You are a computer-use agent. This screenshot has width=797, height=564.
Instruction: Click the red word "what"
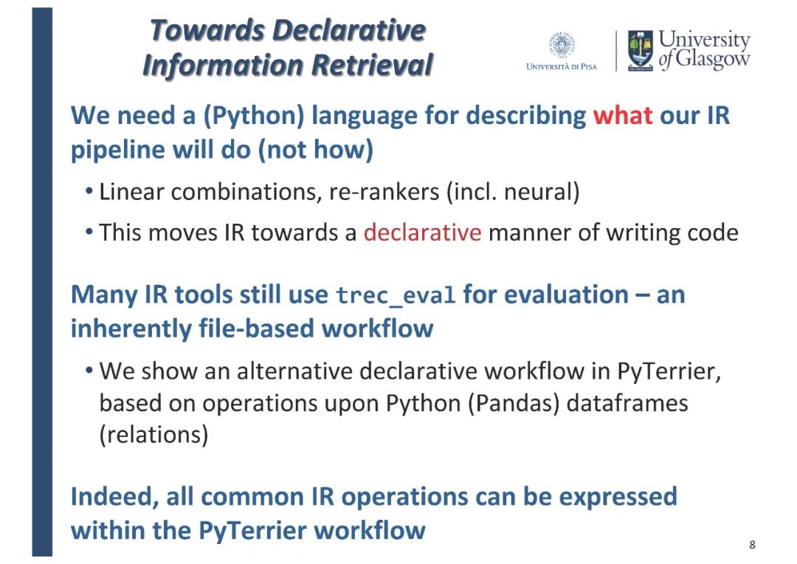point(623,115)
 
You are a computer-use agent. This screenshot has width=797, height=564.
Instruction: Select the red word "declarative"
point(422,233)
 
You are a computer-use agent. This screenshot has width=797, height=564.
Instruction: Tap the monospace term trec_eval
point(396,295)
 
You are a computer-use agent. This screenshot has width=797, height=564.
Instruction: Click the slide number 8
point(752,545)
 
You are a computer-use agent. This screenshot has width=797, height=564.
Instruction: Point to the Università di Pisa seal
point(562,45)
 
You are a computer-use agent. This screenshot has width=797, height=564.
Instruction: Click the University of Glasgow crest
point(641,50)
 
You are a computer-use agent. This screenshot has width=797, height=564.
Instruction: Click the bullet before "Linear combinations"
point(89,192)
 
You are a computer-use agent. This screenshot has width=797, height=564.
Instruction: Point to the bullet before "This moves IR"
point(89,232)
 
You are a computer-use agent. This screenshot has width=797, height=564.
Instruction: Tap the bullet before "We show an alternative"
point(89,371)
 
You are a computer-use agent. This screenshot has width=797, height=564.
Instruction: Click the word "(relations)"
point(153,435)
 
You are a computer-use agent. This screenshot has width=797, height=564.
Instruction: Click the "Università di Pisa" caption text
point(562,66)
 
